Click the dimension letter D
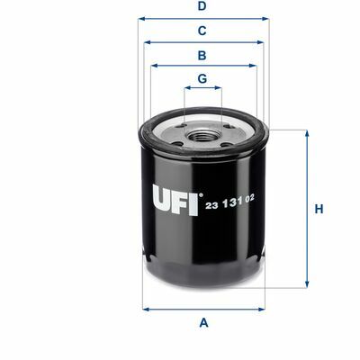(x=202, y=6)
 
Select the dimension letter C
(x=202, y=31)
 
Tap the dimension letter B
(x=202, y=56)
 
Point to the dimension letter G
(x=202, y=78)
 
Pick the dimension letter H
(x=319, y=209)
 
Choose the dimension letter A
(x=203, y=323)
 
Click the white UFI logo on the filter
(x=175, y=200)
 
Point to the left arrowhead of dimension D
(x=141, y=19)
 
